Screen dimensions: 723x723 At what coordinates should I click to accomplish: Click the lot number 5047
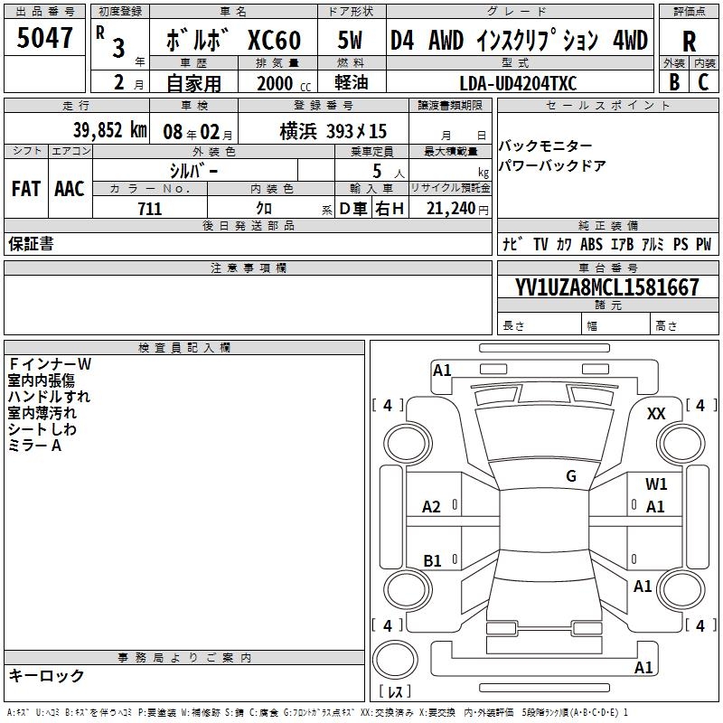coord(44,38)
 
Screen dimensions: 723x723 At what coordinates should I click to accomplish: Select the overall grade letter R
coord(689,42)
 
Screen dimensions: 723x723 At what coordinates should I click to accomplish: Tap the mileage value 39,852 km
coord(110,130)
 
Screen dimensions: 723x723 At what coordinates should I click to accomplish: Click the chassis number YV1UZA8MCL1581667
coord(606,287)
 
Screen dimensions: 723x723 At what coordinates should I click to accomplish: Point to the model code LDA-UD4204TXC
coord(518,83)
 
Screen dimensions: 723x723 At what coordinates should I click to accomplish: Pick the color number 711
coord(150,209)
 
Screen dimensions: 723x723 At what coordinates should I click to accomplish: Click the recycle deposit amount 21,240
coord(451,209)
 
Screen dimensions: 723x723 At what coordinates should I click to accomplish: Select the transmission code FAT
coord(26,189)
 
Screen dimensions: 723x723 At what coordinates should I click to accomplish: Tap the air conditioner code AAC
coord(70,189)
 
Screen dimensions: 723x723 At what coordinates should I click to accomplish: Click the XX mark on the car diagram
coord(656,414)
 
